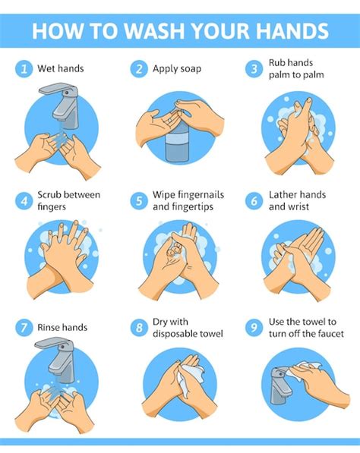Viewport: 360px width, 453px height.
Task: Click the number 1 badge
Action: (x=24, y=69)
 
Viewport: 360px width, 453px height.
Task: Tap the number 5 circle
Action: (x=138, y=200)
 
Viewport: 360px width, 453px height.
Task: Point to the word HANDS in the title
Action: (x=291, y=30)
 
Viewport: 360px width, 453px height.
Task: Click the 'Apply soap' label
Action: (x=176, y=69)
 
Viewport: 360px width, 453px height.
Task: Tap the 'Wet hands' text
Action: (x=61, y=69)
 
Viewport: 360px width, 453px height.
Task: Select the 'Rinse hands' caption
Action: (x=62, y=328)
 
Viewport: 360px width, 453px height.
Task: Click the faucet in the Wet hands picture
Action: (x=64, y=106)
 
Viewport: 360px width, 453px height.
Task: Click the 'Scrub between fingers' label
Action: (x=68, y=200)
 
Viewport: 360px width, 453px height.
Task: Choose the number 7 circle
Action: (x=24, y=328)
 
